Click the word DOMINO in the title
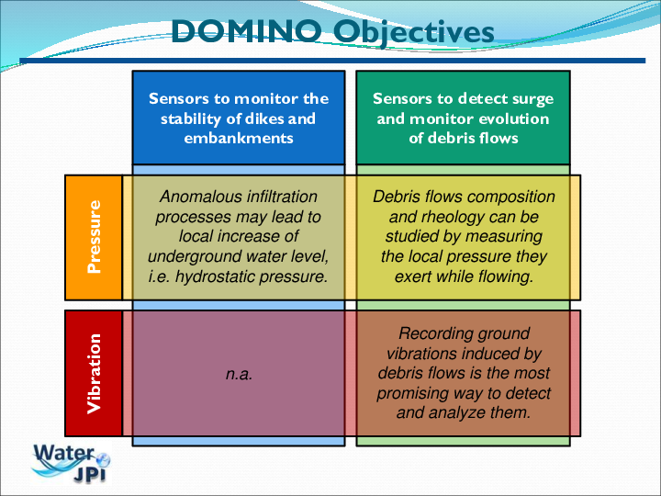pyautogui.click(x=246, y=31)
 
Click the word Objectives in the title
pyautogui.click(x=413, y=33)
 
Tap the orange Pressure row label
pyautogui.click(x=94, y=238)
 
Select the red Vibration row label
pyautogui.click(x=94, y=373)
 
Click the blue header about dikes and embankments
pyautogui.click(x=239, y=118)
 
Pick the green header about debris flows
pyautogui.click(x=463, y=118)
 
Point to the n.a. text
pyautogui.click(x=239, y=374)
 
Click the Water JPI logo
pyautogui.click(x=72, y=463)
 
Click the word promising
pyautogui.click(x=407, y=393)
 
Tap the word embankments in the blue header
pyautogui.click(x=239, y=138)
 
